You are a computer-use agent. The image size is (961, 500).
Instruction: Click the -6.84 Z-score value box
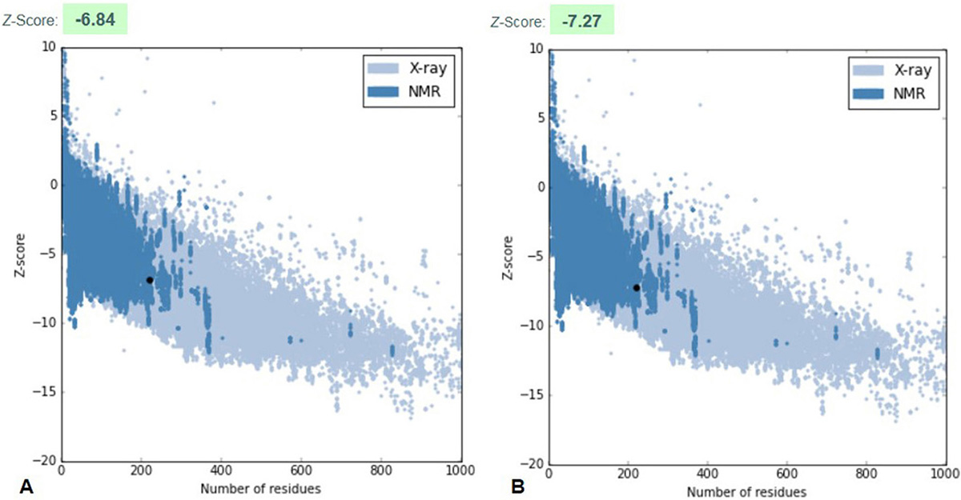click(94, 18)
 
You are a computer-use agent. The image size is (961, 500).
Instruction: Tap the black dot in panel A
click(150, 280)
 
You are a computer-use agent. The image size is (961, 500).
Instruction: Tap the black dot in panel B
click(637, 287)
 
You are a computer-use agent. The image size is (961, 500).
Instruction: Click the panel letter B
click(496, 486)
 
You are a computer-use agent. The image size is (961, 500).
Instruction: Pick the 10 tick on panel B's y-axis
click(533, 50)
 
